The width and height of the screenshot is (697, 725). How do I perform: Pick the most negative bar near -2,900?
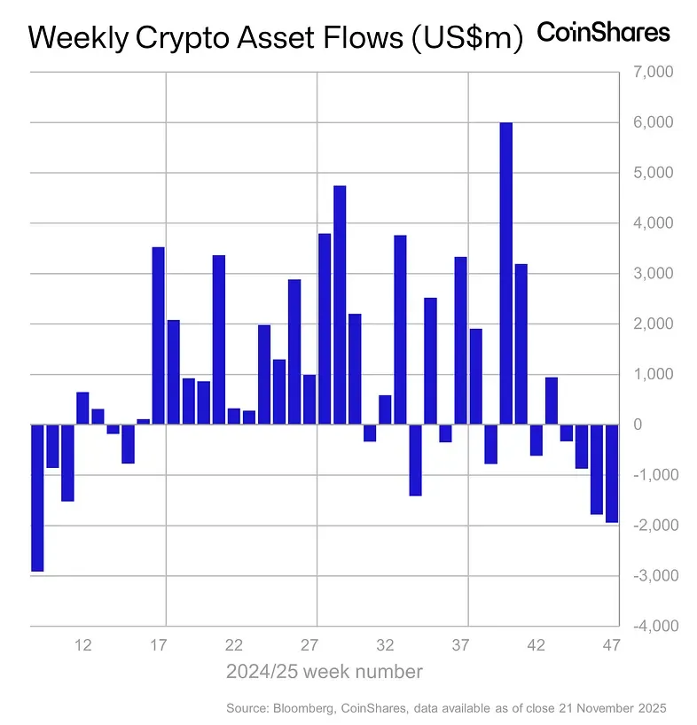37,497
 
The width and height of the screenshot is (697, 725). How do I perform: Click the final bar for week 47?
612,473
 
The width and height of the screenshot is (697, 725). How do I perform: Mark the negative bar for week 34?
415,459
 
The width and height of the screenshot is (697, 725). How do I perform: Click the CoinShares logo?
604,33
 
